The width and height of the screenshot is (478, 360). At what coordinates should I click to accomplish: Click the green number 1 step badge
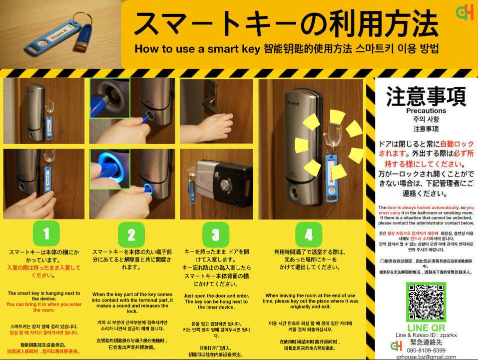click(x=46, y=234)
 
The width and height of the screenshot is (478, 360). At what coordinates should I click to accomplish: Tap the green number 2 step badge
click(x=131, y=234)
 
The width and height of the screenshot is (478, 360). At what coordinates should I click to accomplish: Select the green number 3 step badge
click(x=216, y=234)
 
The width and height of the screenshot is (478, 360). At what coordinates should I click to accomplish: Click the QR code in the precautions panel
click(x=426, y=302)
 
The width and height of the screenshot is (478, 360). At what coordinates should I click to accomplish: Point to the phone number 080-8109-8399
click(x=426, y=350)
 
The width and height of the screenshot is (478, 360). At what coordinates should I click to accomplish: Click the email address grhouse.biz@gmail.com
click(x=426, y=357)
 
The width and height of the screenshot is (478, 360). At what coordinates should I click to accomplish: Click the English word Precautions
click(x=426, y=110)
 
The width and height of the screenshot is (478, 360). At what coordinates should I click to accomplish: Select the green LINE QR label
click(x=426, y=326)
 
